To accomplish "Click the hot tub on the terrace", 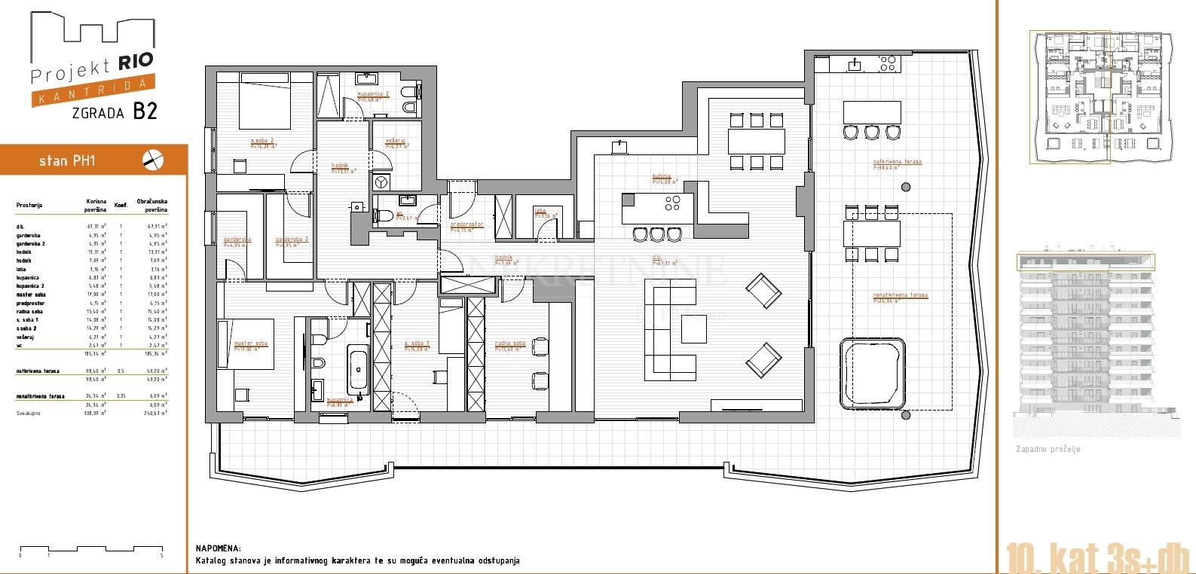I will coord(873,374).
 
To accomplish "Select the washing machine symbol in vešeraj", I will coord(381,182).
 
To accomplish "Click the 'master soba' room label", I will coord(250,344).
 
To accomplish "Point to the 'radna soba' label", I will coord(510,344).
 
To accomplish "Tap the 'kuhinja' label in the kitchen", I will coord(662,177).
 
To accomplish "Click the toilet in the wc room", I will coord(384,216).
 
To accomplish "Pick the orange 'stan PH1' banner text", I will coord(67,160).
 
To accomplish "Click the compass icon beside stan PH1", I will coord(153,160).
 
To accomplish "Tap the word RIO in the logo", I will coord(136,61).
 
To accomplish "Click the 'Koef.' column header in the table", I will coord(121,205).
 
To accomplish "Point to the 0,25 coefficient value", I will coord(121,396).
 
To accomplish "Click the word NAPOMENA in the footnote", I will coord(218,549).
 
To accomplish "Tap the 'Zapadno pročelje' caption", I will coord(1048,450).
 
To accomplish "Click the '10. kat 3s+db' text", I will coord(1097,558).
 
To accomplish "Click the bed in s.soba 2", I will coord(265,105).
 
